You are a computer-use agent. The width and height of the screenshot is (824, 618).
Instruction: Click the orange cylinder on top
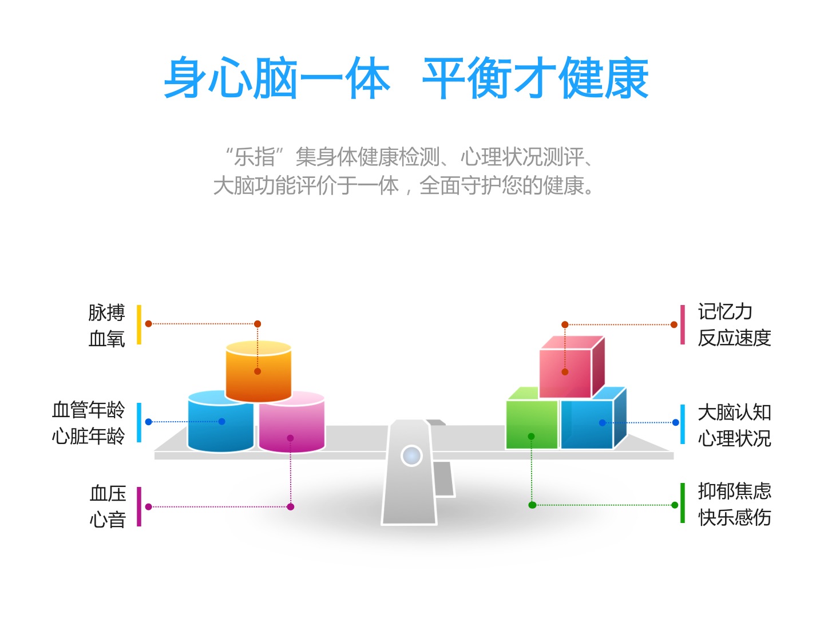(258, 371)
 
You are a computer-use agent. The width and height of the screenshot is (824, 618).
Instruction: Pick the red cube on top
(571, 367)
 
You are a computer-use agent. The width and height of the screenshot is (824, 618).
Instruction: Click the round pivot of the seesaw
(411, 455)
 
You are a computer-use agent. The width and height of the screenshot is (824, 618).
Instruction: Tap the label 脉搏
(106, 312)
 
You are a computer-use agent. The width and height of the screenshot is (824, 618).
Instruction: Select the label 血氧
(106, 338)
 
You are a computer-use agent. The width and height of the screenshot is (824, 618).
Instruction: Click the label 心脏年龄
(88, 436)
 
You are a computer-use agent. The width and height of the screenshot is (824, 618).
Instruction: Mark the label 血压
(108, 493)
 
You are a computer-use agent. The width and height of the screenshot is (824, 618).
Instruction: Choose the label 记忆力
(725, 311)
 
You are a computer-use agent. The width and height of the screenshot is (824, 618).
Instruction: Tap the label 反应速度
(734, 338)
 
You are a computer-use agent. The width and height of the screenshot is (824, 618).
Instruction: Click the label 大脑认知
(734, 412)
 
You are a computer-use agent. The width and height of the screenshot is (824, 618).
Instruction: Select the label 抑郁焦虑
(734, 491)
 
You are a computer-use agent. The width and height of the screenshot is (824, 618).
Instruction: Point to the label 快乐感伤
(734, 517)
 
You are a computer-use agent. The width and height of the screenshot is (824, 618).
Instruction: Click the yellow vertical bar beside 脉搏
(139, 324)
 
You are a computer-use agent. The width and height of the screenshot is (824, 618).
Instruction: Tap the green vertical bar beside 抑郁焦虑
(683, 503)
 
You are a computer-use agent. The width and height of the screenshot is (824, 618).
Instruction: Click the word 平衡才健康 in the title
(536, 78)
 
